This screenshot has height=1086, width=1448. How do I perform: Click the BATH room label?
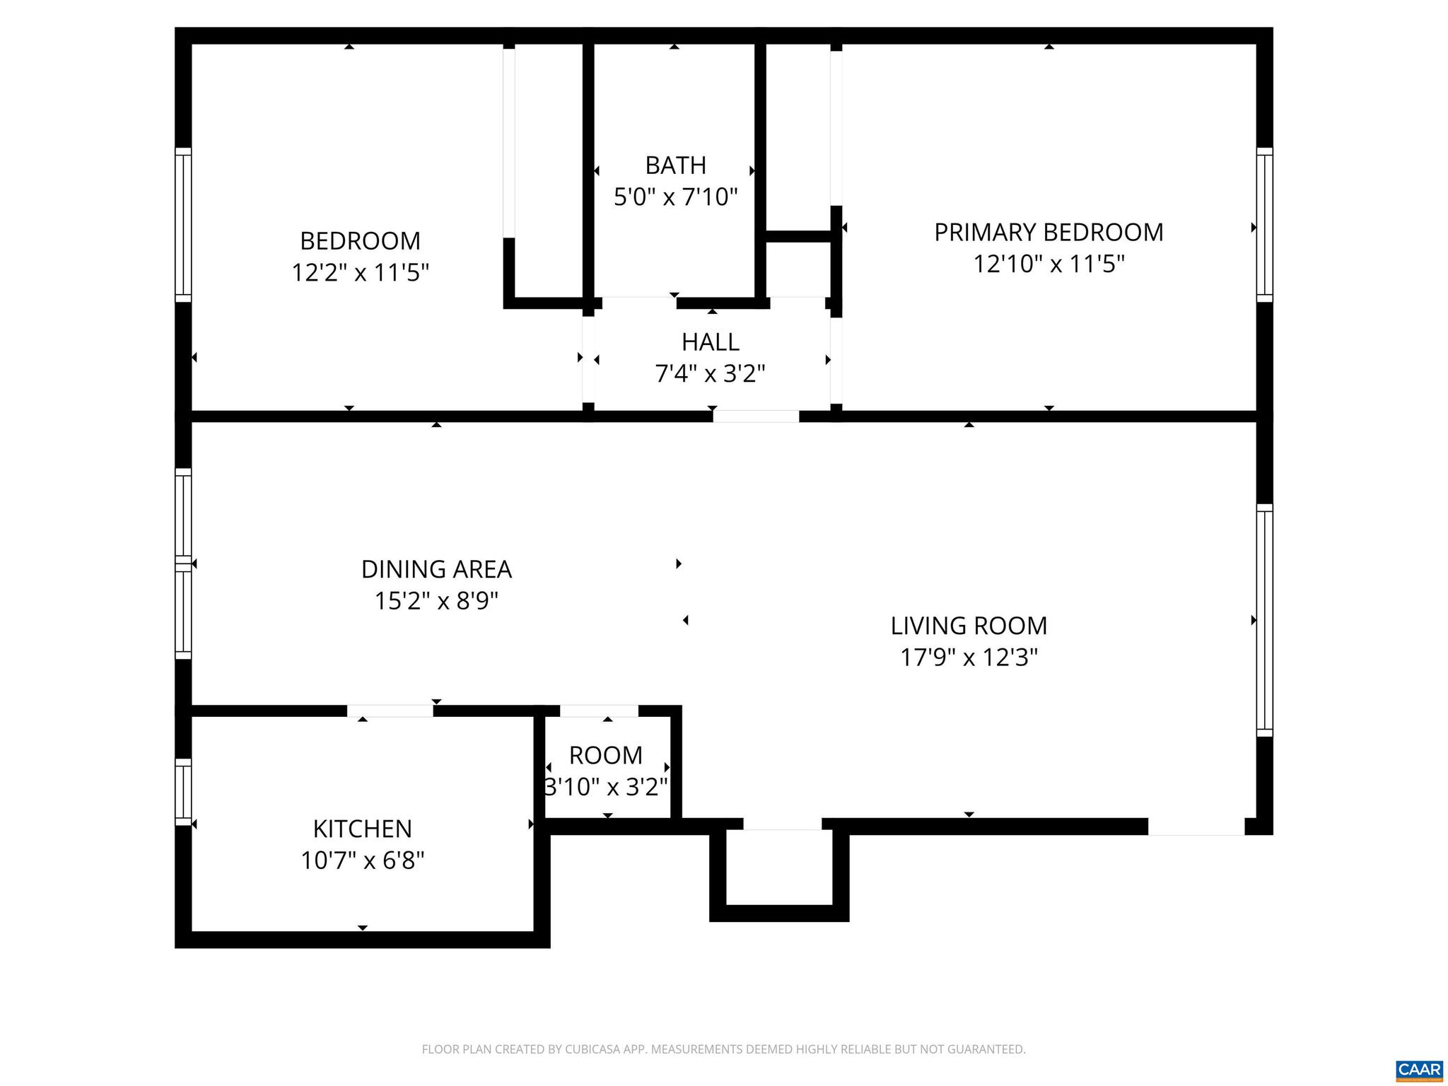[675, 165]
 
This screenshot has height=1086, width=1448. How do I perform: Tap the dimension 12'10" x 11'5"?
[1049, 264]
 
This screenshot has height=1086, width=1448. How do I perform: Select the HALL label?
[710, 342]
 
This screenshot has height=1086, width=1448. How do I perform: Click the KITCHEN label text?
[362, 829]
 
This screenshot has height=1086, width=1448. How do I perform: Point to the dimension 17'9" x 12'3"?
[969, 658]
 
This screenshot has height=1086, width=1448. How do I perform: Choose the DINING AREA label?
[436, 569]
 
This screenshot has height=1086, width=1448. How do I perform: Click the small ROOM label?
[606, 755]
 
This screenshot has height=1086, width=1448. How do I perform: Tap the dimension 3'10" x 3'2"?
[606, 786]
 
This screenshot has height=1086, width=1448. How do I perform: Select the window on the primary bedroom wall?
[1264, 225]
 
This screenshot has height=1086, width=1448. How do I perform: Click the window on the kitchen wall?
[183, 792]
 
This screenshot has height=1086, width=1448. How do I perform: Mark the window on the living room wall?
[1264, 621]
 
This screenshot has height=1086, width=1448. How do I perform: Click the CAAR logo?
[1419, 1068]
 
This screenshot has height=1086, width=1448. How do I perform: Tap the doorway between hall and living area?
[756, 416]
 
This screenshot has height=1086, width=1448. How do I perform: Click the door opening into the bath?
[639, 303]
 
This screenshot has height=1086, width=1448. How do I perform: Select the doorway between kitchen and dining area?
[390, 711]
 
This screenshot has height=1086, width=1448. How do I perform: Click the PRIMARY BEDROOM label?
[1049, 233]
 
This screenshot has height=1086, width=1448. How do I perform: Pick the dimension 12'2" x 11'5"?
[361, 272]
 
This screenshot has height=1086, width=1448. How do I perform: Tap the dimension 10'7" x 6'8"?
[362, 860]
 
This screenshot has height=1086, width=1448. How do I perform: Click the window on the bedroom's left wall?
[183, 225]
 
